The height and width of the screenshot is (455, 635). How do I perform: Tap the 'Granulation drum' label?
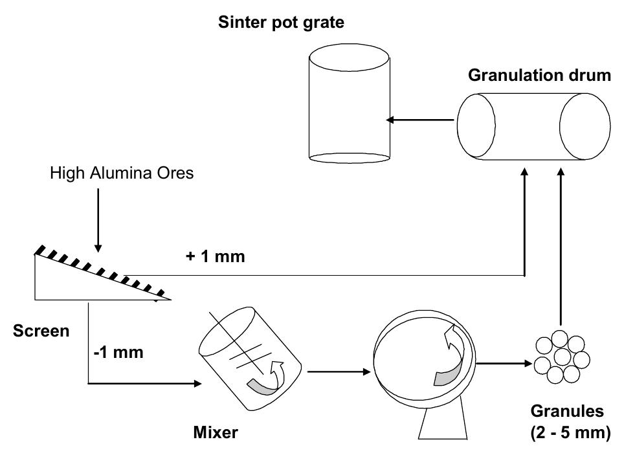[539, 75]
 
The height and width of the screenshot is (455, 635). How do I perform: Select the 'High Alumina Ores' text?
[121, 175]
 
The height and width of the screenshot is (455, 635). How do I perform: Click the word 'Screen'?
[41, 331]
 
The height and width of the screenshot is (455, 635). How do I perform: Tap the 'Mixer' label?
[215, 432]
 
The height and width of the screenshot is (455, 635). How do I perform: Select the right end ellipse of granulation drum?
[585, 126]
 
